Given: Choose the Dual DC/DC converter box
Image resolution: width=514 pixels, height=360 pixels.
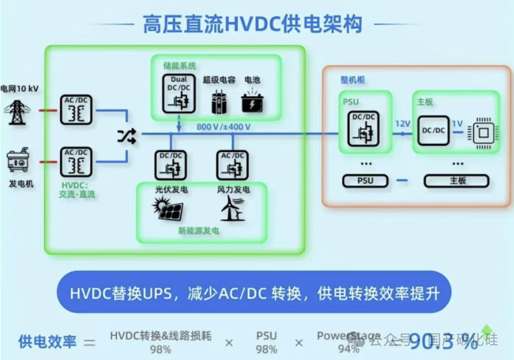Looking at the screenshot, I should click(178, 94).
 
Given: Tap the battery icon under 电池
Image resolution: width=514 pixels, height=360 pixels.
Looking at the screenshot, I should click(252, 101).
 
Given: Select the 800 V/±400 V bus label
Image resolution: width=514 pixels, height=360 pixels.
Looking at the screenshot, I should click(224, 127).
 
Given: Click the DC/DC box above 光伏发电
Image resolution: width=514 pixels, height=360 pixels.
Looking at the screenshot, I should click(170, 165).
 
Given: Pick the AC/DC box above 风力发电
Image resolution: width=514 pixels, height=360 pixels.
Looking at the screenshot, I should click(233, 165).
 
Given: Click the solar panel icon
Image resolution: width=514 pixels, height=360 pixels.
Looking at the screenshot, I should click(167, 209).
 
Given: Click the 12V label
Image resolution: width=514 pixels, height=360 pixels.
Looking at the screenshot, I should click(402, 124).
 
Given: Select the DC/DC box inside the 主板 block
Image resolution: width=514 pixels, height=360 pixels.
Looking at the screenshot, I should click(434, 130).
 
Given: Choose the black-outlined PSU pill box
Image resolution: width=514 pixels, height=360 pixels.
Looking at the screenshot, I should click(365, 181).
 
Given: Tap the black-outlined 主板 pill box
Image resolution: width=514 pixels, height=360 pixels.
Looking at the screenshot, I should click(456, 181).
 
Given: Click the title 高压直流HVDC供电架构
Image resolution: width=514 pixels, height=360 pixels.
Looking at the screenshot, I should click(252, 24).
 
